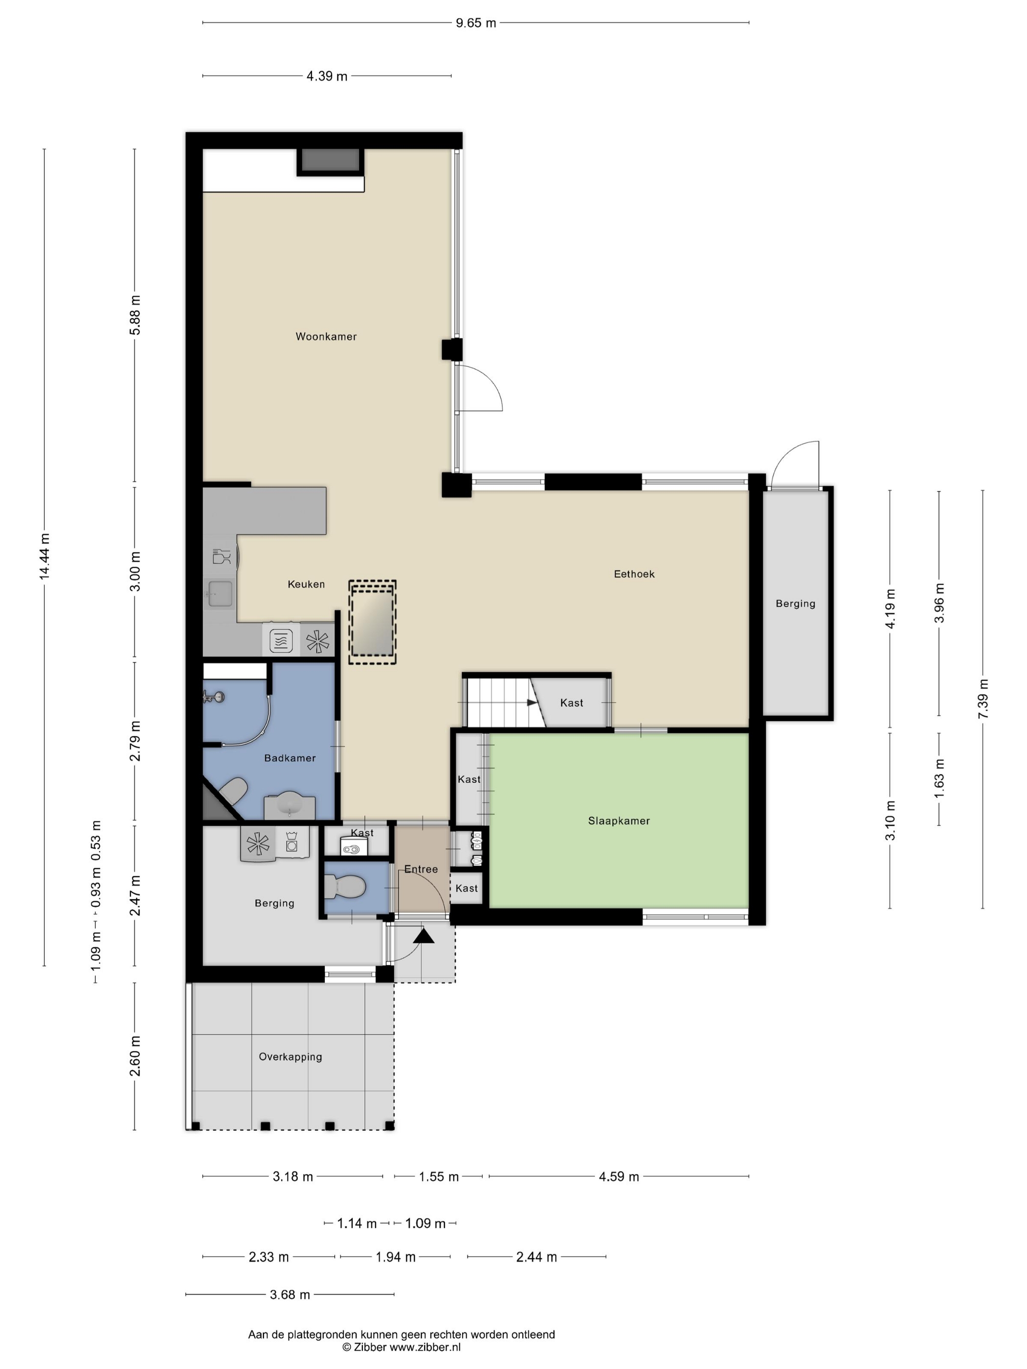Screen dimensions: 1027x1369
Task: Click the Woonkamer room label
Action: (326, 337)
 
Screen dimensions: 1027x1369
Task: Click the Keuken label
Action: (306, 584)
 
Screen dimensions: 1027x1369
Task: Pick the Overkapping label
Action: (290, 1057)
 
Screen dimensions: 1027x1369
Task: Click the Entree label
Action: (421, 869)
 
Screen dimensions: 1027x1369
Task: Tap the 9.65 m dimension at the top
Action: (476, 23)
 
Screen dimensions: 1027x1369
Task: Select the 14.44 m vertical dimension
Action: (45, 556)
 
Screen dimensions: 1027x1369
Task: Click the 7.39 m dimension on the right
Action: (983, 699)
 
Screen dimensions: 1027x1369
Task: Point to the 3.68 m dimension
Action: (290, 1294)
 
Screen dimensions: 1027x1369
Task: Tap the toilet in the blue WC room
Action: (344, 886)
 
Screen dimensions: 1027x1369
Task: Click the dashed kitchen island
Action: (372, 622)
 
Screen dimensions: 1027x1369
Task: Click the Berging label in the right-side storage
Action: (796, 603)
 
